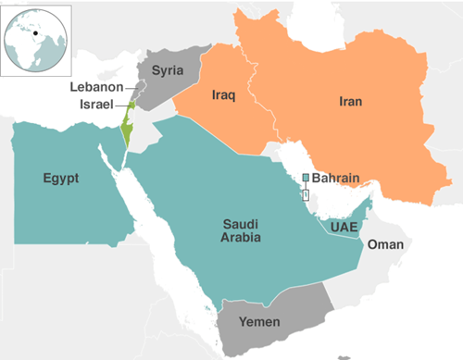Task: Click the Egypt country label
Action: [59, 178]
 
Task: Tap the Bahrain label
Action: [336, 176]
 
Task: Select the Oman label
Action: [384, 245]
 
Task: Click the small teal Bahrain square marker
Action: [306, 177]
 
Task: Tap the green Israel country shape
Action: [127, 130]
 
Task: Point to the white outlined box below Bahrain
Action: [307, 193]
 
